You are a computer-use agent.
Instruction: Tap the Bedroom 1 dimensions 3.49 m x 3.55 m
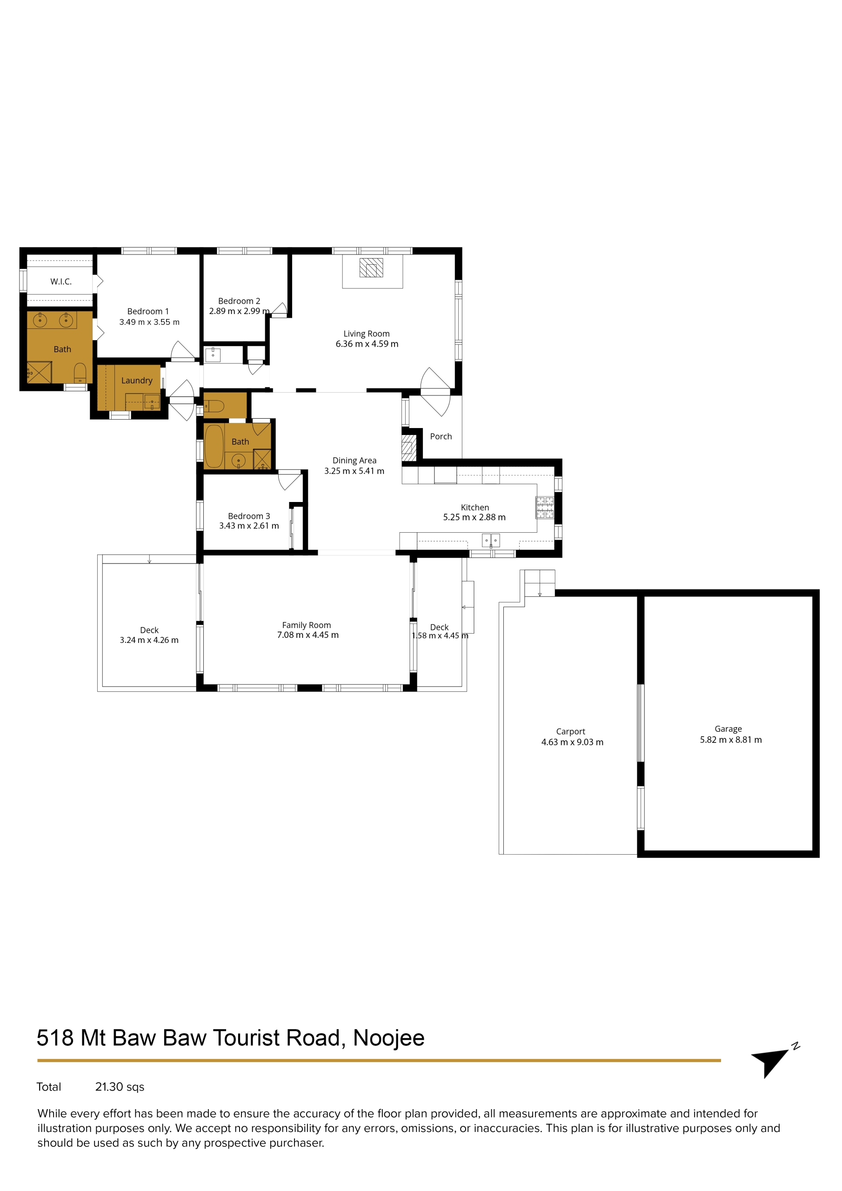click(x=149, y=322)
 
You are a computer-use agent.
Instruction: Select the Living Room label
click(x=366, y=334)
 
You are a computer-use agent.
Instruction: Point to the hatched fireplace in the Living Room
click(x=371, y=268)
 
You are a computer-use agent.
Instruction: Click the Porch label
click(x=441, y=436)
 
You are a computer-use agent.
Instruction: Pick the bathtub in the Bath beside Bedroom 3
click(x=214, y=446)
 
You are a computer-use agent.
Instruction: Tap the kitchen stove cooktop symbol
click(x=545, y=507)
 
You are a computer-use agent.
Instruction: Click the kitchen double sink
click(x=491, y=541)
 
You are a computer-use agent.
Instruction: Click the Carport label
click(x=571, y=731)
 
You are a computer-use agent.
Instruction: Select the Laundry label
click(x=137, y=380)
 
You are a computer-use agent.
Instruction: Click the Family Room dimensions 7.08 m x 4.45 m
click(x=307, y=635)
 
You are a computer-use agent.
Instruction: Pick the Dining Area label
click(x=354, y=460)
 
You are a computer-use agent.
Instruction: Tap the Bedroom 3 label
click(x=249, y=515)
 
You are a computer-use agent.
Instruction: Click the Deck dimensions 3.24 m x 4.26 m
click(x=149, y=640)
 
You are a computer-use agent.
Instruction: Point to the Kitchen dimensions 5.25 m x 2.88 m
click(x=474, y=517)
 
